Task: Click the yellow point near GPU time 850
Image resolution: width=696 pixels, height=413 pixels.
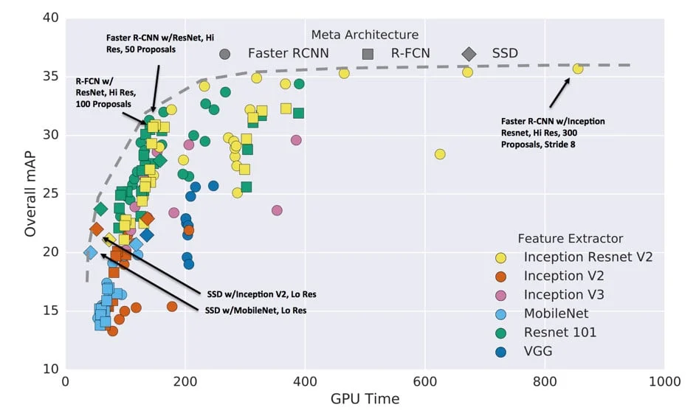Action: (x=578, y=69)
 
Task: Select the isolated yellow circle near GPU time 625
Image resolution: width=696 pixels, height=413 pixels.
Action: (x=440, y=154)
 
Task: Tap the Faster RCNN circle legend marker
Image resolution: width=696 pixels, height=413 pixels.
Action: (x=225, y=53)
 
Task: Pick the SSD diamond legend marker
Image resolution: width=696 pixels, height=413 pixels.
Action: (x=469, y=53)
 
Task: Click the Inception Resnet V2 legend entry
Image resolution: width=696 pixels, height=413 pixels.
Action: (x=588, y=257)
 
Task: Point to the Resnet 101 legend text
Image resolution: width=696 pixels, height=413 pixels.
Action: (x=560, y=333)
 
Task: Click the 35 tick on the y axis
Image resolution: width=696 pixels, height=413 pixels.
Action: (x=49, y=77)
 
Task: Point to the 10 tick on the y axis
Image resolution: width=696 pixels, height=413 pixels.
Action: (x=49, y=369)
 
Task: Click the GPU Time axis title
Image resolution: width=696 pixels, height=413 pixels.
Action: (x=365, y=400)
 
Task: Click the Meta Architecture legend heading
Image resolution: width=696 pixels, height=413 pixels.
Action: (x=365, y=35)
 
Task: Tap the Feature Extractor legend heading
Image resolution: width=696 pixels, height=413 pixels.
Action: (x=570, y=238)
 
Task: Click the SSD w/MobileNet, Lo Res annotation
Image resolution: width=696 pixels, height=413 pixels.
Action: (x=255, y=310)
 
